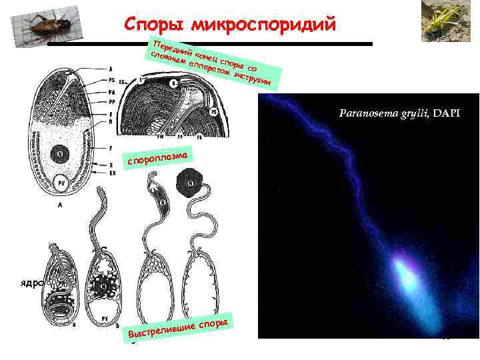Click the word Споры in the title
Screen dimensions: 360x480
[153, 25]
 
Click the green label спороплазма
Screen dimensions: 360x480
[159, 157]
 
